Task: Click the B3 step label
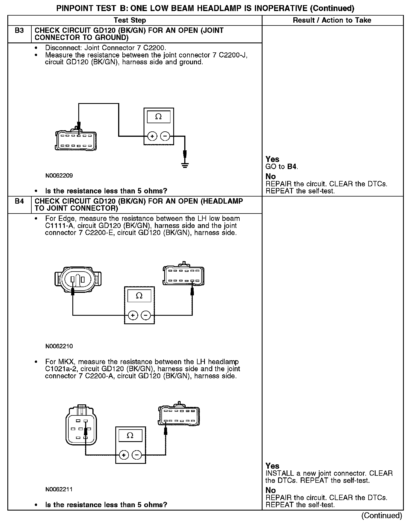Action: tap(19, 31)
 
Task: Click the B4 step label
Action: tap(19, 201)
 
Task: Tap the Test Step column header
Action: tap(130, 20)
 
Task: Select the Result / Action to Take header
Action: tap(332, 20)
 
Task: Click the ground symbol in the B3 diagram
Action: tap(185, 165)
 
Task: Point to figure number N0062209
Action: tap(59, 176)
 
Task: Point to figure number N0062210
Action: tap(59, 346)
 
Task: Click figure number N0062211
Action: tap(59, 489)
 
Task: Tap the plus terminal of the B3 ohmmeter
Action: tap(152, 136)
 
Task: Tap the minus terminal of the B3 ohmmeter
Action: tap(165, 136)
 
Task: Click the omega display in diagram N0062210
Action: tap(139, 296)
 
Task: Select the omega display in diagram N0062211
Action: tap(130, 435)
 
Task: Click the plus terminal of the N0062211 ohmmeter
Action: tap(124, 455)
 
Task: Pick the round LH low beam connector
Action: tap(78, 280)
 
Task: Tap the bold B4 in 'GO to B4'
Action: tap(292, 167)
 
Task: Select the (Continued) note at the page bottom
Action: tap(382, 515)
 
